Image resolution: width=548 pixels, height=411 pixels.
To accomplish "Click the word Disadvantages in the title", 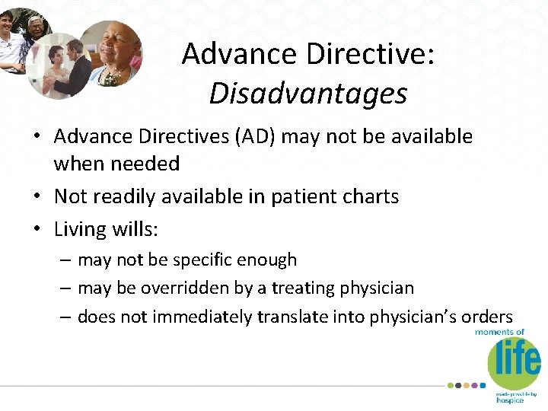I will click(308, 94).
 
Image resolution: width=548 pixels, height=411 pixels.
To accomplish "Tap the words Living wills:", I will click(101, 229).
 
